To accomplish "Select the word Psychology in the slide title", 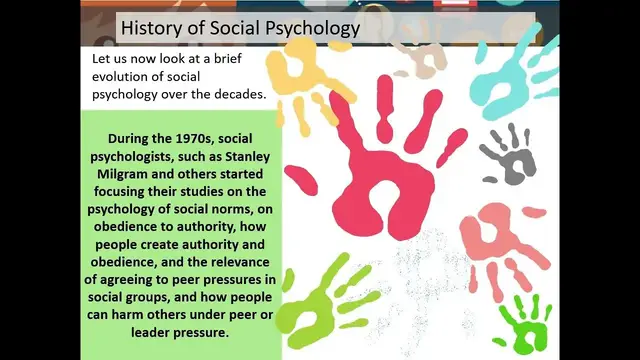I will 309,28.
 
